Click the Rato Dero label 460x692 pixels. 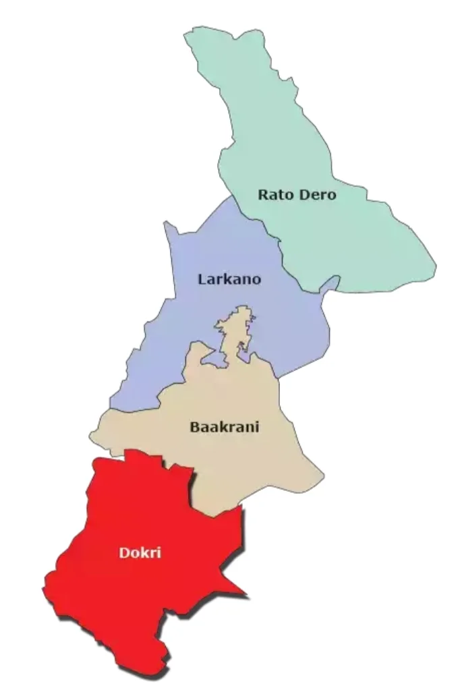(x=297, y=196)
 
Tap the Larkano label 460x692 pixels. (x=229, y=279)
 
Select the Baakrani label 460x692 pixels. (x=225, y=427)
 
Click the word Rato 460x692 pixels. (x=273, y=196)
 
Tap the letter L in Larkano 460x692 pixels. (x=202, y=279)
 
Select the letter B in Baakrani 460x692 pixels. (x=194, y=427)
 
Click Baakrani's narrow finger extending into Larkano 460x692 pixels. (x=239, y=324)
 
